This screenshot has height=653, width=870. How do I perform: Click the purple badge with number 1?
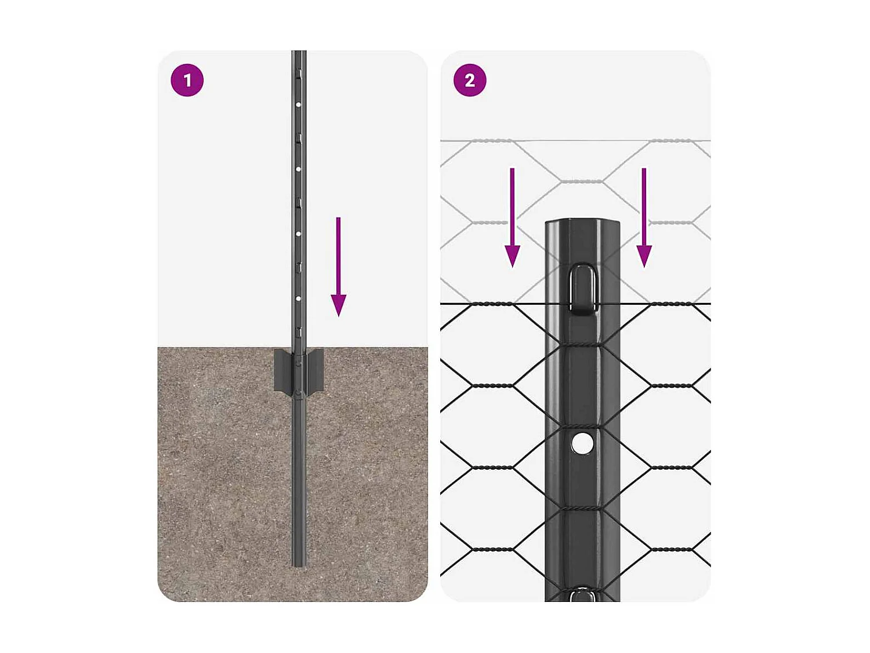click(187, 80)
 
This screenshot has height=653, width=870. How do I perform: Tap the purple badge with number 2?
click(470, 80)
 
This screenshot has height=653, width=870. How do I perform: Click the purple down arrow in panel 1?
click(339, 267)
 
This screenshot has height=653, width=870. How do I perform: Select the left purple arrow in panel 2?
click(512, 218)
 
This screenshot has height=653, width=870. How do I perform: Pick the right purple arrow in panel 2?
click(644, 218)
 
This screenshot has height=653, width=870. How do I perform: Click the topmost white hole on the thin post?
click(298, 105)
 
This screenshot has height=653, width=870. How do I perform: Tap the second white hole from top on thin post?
click(298, 169)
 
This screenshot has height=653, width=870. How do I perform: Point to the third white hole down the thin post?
click(298, 234)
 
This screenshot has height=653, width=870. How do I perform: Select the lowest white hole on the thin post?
click(298, 298)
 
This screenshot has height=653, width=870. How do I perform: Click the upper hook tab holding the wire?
click(583, 289)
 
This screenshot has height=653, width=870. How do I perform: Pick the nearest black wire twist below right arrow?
click(672, 304)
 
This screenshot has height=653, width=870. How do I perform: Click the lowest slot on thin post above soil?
click(299, 332)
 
